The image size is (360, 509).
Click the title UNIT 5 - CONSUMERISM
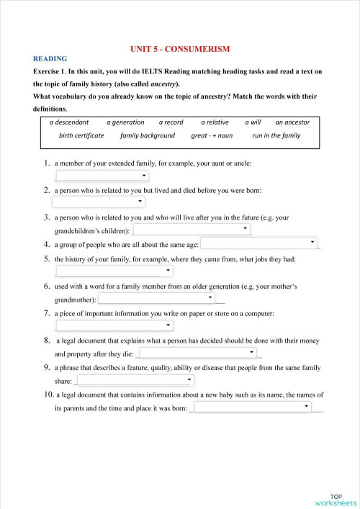tap(180, 49)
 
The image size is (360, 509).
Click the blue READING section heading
tap(50, 59)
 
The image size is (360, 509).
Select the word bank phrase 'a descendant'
tap(69, 122)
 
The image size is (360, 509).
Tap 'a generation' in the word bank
tap(125, 122)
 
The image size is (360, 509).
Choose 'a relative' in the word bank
tap(215, 122)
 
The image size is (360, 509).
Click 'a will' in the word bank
tap(253, 122)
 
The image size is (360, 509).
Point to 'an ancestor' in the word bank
tap(292, 122)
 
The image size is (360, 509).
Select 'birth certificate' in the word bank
tap(81, 135)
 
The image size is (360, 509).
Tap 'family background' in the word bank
tap(148, 135)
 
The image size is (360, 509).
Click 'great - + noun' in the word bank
tap(212, 135)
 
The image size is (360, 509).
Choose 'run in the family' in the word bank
tap(276, 135)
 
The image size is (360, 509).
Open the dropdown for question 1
tap(102, 175)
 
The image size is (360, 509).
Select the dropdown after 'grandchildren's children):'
tap(192, 229)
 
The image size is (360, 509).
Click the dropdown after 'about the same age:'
tap(259, 243)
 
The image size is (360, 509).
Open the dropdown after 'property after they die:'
tap(198, 353)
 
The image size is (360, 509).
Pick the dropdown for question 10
tap(252, 407)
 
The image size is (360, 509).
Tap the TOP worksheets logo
tap(336, 500)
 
